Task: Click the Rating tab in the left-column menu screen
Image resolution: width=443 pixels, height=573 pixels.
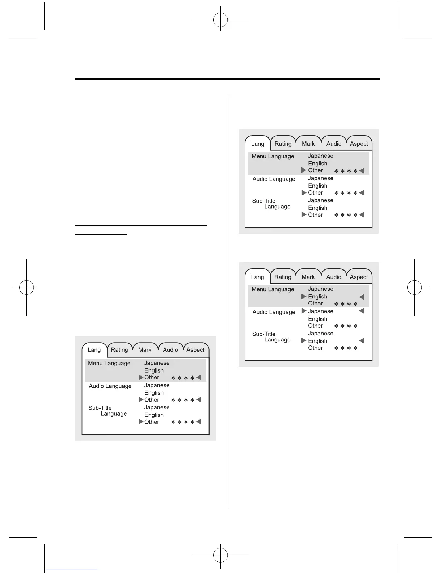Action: click(x=119, y=350)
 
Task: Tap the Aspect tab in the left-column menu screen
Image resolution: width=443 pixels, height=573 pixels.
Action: click(x=195, y=350)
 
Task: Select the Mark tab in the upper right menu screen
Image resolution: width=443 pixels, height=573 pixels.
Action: click(x=308, y=144)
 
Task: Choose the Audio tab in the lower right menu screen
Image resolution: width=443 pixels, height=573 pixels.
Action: click(x=334, y=277)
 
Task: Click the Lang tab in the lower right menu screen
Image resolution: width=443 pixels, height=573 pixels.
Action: click(x=257, y=277)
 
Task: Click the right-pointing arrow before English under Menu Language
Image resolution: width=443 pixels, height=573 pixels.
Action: click(x=304, y=296)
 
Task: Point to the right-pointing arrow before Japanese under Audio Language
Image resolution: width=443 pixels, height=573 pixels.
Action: click(x=304, y=311)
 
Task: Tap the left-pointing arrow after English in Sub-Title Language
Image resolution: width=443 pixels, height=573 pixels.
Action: click(x=361, y=341)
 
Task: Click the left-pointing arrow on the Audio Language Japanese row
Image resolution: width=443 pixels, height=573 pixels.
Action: click(x=361, y=311)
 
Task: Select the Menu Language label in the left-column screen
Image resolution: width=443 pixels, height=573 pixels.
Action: click(x=109, y=363)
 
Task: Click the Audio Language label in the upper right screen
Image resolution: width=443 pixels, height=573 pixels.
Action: click(x=274, y=179)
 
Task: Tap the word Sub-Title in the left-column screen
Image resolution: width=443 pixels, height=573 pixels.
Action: click(x=100, y=408)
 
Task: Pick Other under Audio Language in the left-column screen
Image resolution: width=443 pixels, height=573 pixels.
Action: click(x=152, y=400)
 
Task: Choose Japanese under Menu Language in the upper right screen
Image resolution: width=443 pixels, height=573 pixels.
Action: click(x=320, y=156)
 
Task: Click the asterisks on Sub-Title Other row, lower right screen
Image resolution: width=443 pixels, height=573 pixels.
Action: click(x=346, y=348)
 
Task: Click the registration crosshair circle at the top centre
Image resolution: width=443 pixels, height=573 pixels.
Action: click(x=220, y=20)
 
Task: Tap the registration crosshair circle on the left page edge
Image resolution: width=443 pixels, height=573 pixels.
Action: click(x=26, y=288)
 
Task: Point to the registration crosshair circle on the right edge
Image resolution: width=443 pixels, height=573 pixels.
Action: click(x=414, y=288)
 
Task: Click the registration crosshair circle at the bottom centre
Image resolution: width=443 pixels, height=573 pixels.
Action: click(x=220, y=555)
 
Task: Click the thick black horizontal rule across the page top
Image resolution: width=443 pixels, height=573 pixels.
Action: click(x=227, y=78)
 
